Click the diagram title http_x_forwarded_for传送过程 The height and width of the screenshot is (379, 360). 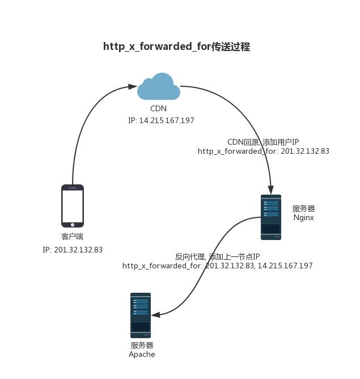coord(176,47)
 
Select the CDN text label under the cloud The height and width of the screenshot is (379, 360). coord(159,108)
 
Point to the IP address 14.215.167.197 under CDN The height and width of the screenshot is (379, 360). coord(161,120)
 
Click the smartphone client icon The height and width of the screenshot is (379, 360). coord(73,205)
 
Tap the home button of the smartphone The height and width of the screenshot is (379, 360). coord(73,224)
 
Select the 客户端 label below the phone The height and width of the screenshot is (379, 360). coord(73,237)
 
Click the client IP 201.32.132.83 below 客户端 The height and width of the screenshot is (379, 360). coord(73,250)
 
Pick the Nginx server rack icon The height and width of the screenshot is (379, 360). coord(271,217)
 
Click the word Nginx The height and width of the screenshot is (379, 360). coord(304,217)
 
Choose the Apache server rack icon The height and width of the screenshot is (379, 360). coord(141,315)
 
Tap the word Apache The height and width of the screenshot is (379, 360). coord(142,355)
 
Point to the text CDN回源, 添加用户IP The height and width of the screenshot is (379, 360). coord(263,142)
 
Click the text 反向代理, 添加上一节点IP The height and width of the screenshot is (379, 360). coord(217,256)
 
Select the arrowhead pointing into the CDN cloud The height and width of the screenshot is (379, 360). coord(133,87)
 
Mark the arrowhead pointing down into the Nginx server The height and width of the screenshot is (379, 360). coord(271,191)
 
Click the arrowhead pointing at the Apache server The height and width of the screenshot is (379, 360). coord(155,314)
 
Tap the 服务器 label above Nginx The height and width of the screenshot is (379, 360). coord(303,209)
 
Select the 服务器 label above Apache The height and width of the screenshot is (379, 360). coord(142,346)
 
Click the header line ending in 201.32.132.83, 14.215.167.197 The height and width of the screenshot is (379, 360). coord(217,266)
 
